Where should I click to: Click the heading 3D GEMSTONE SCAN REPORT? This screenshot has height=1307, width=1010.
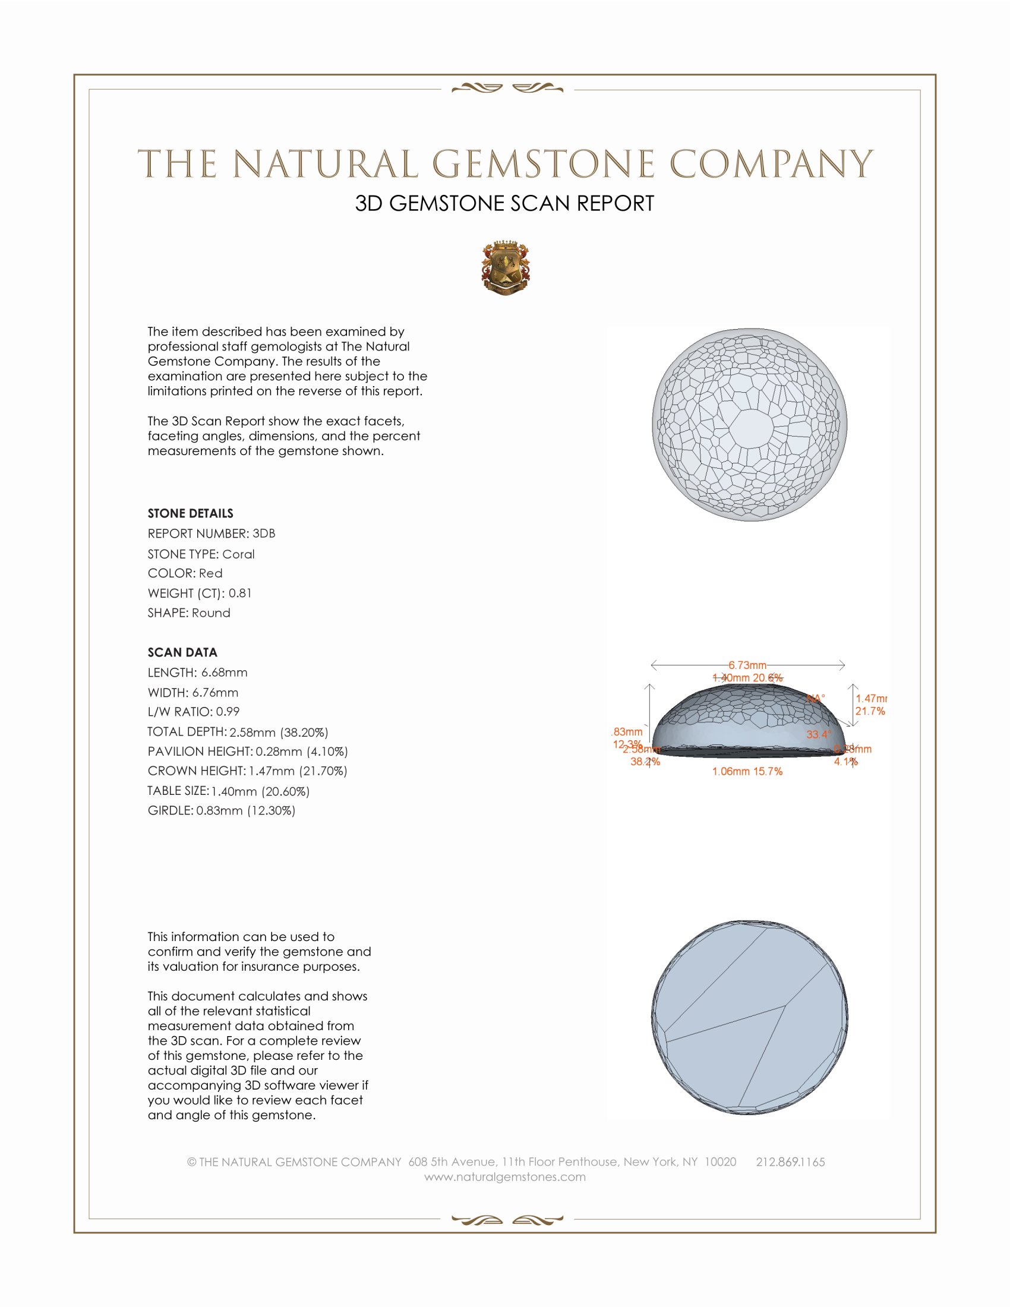click(x=504, y=203)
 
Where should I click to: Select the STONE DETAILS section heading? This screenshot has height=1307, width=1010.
click(x=190, y=513)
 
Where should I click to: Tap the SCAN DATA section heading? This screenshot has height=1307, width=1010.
click(x=182, y=652)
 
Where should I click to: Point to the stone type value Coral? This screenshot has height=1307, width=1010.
click(x=238, y=554)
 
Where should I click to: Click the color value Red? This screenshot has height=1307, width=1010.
click(x=211, y=573)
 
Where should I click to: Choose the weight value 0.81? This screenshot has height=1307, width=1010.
click(x=240, y=593)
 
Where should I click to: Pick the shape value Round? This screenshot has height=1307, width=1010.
click(x=212, y=613)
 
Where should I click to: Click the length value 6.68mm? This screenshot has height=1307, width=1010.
click(x=225, y=673)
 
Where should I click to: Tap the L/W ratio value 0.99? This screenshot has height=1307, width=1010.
click(x=228, y=712)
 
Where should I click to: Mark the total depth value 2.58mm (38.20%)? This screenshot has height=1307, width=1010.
click(x=279, y=732)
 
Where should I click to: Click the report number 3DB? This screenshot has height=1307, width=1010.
click(x=264, y=533)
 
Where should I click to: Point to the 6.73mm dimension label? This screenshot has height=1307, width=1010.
click(x=747, y=665)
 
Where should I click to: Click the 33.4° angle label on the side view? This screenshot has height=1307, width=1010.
click(x=819, y=734)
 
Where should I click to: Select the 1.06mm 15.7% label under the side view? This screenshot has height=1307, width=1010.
click(x=747, y=771)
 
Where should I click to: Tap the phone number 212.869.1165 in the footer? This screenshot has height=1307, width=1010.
click(x=790, y=1162)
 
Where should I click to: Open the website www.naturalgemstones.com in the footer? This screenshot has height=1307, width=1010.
click(x=505, y=1177)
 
